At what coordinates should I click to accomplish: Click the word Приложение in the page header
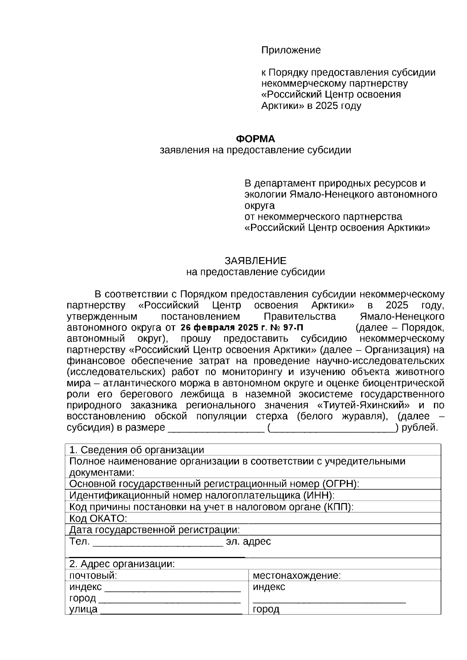coord(291,50)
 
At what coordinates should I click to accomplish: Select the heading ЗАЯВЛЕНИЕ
coord(255,261)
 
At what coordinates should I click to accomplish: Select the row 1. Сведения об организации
coord(137,450)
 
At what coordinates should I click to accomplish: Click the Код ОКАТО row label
coord(98,518)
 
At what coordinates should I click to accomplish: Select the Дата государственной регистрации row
coord(154,530)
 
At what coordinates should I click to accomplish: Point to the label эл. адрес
coord(248,541)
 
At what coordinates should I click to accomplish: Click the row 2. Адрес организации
coord(122,564)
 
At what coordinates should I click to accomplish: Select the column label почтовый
coord(93,576)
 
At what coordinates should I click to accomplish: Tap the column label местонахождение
coord(297,576)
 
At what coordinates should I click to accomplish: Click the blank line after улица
coord(171,610)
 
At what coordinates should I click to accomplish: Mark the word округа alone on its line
coord(260,205)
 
